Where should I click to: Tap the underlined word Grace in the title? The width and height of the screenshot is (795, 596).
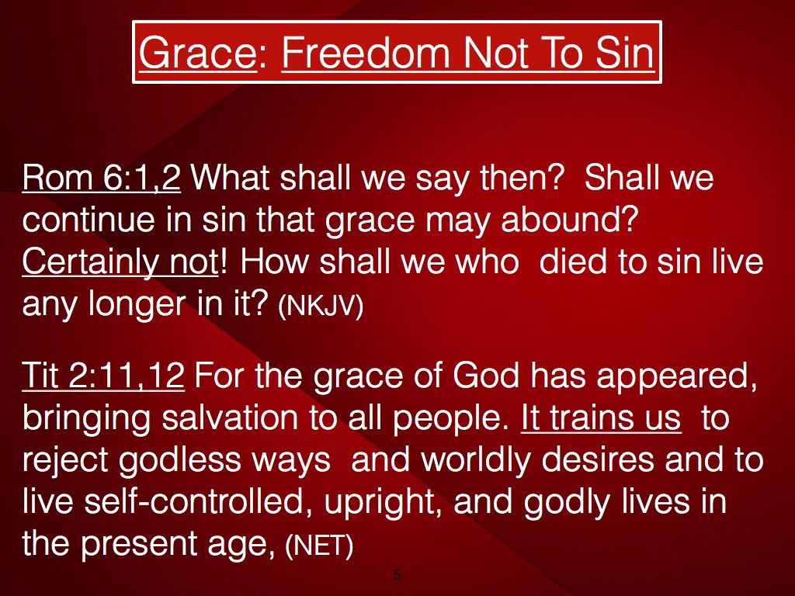(198, 53)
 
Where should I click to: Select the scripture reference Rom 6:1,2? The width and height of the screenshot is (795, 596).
(102, 178)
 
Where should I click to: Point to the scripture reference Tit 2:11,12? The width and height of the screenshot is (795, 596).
(103, 376)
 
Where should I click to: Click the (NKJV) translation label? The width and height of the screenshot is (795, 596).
(321, 305)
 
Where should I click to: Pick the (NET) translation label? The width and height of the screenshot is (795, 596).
(319, 546)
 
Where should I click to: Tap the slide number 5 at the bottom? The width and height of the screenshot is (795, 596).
(397, 574)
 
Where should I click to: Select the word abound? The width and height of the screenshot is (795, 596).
(568, 220)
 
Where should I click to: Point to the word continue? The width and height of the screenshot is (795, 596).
(89, 220)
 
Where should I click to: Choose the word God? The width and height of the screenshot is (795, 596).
(486, 376)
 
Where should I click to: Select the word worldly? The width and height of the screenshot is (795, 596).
(475, 459)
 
